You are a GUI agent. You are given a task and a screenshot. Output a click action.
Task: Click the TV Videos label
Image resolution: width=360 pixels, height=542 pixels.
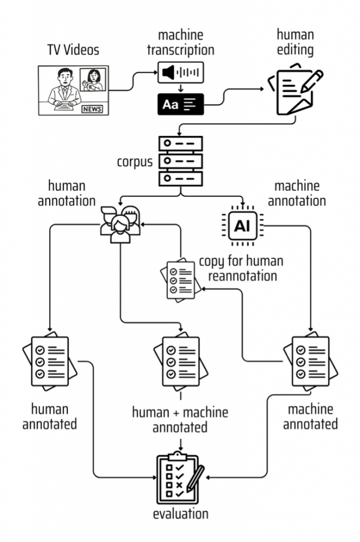coord(73,50)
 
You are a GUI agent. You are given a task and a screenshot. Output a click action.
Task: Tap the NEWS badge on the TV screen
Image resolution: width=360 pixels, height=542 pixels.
coord(92,109)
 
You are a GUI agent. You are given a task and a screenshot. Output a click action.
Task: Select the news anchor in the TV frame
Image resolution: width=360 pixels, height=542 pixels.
coord(64,88)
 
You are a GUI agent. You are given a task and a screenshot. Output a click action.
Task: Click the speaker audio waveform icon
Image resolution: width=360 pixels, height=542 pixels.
coord(181,73)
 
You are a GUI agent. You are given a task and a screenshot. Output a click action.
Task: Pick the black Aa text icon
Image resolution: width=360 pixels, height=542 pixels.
coord(181,104)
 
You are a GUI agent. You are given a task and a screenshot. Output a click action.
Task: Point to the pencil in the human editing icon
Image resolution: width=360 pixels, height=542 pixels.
coord(312,81)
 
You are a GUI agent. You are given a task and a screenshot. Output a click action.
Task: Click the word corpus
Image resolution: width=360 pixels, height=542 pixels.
coord(134,162)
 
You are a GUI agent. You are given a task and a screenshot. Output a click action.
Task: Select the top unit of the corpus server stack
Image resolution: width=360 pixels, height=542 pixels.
coord(181,143)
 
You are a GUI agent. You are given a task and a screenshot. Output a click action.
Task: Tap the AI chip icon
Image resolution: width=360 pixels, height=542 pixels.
coord(242,226)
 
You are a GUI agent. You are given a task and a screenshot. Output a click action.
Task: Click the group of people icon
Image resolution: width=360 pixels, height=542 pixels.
coord(120,224)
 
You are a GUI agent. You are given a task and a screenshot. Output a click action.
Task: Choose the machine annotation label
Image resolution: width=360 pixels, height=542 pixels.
coord(296,194)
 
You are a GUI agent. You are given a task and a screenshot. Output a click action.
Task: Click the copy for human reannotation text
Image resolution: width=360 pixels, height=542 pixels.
coord(241,268)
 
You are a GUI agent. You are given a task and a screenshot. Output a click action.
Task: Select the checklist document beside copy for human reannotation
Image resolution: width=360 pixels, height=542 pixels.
coord(181,279)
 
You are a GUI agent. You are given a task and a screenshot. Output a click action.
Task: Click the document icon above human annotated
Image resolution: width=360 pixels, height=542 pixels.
coord(50,361)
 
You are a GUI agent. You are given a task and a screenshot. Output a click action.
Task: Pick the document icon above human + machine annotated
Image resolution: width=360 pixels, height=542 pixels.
coord(181,361)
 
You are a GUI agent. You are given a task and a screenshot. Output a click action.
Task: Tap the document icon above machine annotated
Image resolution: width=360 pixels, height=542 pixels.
coord(311,361)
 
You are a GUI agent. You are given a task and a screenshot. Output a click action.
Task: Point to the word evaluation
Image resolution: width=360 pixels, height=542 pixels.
coord(181,513)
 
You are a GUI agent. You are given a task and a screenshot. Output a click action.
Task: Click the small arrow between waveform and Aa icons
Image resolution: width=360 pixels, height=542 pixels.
coord(181,88)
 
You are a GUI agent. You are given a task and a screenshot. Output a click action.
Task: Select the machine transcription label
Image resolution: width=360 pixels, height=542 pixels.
coord(181,42)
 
